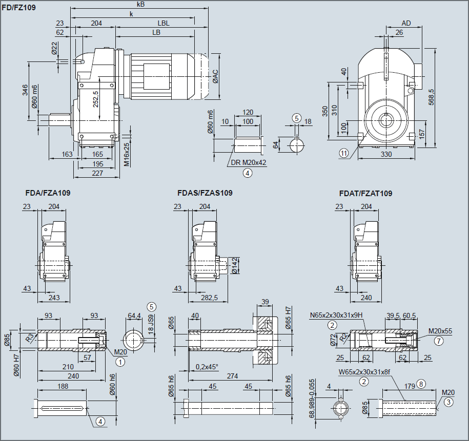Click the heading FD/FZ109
point(19,8)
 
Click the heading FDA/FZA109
point(48,193)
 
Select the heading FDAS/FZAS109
point(205,193)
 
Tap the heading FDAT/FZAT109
point(365,193)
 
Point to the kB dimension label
point(140,4)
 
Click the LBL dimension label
point(164,23)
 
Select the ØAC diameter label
point(216,77)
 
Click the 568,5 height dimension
point(431,97)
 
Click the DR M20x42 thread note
point(248,162)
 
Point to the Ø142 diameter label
point(235,266)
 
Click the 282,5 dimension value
point(209,298)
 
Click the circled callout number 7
point(438,340)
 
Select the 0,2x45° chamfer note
point(207,367)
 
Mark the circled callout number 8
point(421,383)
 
